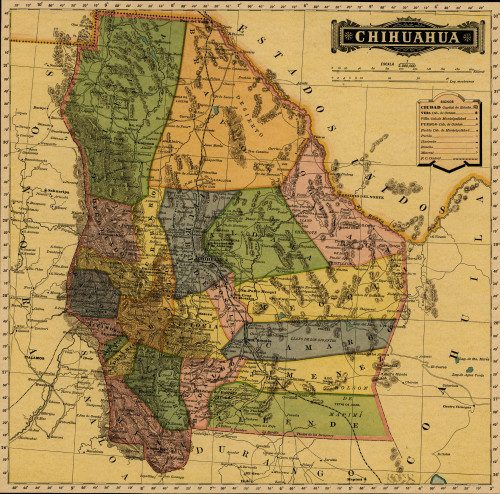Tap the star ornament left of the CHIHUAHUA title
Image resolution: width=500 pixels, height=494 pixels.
(346, 37)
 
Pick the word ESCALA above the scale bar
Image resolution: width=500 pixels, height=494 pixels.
(385, 63)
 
